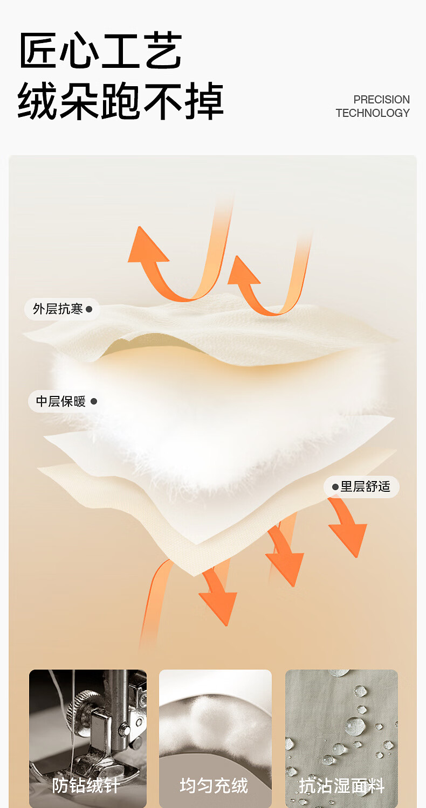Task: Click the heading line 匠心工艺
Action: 100,51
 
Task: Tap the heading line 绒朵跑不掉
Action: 120,102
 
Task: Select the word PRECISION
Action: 381,100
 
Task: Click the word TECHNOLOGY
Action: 373,113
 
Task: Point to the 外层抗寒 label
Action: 58,309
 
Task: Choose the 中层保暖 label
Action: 60,401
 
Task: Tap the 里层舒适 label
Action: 365,487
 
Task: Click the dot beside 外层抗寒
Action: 89,309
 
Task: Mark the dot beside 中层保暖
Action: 94,401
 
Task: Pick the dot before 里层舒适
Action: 335,487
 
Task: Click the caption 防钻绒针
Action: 86,786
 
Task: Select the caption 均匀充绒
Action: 214,786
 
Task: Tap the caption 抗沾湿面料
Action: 341,786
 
